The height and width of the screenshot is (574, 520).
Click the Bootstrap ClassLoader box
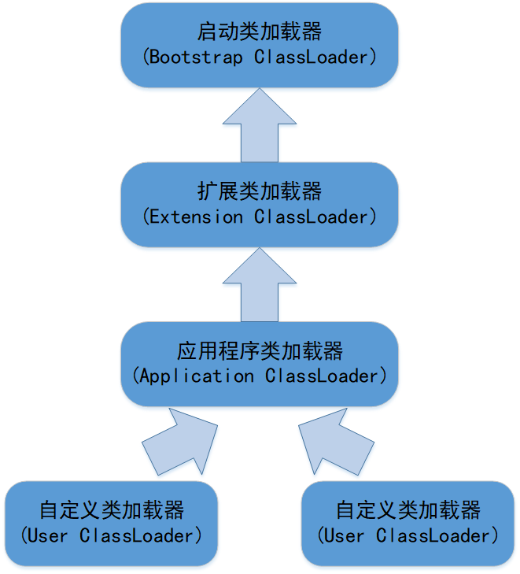(259, 45)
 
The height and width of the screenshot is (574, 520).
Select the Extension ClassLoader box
(259, 204)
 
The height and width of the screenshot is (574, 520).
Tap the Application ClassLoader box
(259, 363)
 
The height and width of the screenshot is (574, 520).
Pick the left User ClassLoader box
(111, 523)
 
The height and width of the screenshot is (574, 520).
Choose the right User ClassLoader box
(408, 523)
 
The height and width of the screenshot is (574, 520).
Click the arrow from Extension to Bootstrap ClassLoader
(259, 126)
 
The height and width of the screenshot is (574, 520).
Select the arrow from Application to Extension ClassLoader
(259, 285)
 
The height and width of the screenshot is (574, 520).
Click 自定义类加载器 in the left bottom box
(111, 509)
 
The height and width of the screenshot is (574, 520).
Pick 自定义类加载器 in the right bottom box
(408, 509)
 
